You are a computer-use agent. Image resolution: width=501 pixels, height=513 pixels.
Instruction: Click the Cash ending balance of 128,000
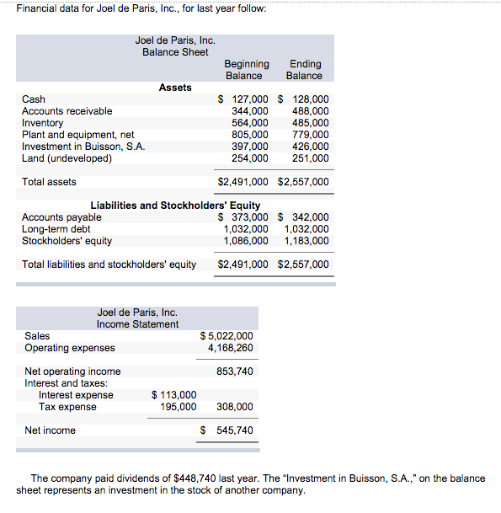coord(309,99)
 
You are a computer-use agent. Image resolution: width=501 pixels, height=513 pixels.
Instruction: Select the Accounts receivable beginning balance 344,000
coord(250,110)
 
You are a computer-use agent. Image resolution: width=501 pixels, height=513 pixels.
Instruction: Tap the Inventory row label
coord(42,123)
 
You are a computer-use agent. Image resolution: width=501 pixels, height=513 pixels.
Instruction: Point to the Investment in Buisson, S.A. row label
coord(83,146)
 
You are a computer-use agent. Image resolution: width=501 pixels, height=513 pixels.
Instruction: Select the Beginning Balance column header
coord(247,70)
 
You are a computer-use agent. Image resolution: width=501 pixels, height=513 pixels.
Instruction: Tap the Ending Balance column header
coord(304,70)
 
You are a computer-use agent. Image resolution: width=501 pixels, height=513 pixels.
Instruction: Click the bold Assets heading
coord(175,88)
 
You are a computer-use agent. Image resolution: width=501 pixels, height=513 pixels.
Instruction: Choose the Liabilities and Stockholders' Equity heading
coord(175,206)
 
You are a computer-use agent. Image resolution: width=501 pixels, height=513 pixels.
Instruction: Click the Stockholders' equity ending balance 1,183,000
coord(306,241)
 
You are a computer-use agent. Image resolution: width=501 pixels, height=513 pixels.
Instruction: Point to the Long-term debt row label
coord(56,229)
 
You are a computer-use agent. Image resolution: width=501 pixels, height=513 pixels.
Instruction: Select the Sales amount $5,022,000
coord(227,336)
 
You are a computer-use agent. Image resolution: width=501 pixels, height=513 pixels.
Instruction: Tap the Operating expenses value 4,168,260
coord(230,348)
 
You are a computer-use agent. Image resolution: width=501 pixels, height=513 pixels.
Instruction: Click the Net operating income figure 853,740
coord(235,371)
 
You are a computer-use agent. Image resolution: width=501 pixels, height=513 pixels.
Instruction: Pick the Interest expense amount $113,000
coord(174,395)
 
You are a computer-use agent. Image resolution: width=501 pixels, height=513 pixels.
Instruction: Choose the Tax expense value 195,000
coord(179,407)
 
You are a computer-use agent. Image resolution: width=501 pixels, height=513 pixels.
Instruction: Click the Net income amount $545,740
coord(227,430)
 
